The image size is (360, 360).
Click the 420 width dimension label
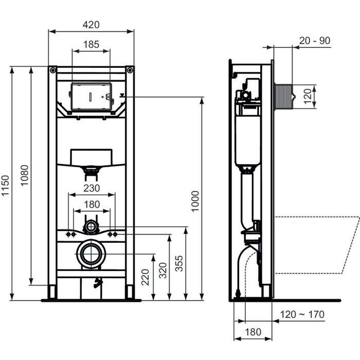click(x=91, y=24)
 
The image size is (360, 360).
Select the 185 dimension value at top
click(x=91, y=44)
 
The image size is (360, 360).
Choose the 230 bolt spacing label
click(x=92, y=188)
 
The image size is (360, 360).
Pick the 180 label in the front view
click(x=92, y=204)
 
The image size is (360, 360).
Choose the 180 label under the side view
click(x=254, y=332)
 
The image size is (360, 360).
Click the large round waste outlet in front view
click(x=92, y=254)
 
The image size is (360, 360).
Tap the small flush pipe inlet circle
click(x=92, y=226)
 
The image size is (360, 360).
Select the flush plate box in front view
click(x=91, y=96)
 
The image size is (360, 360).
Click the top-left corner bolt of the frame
click(x=53, y=70)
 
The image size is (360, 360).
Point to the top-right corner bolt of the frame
click(x=130, y=70)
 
